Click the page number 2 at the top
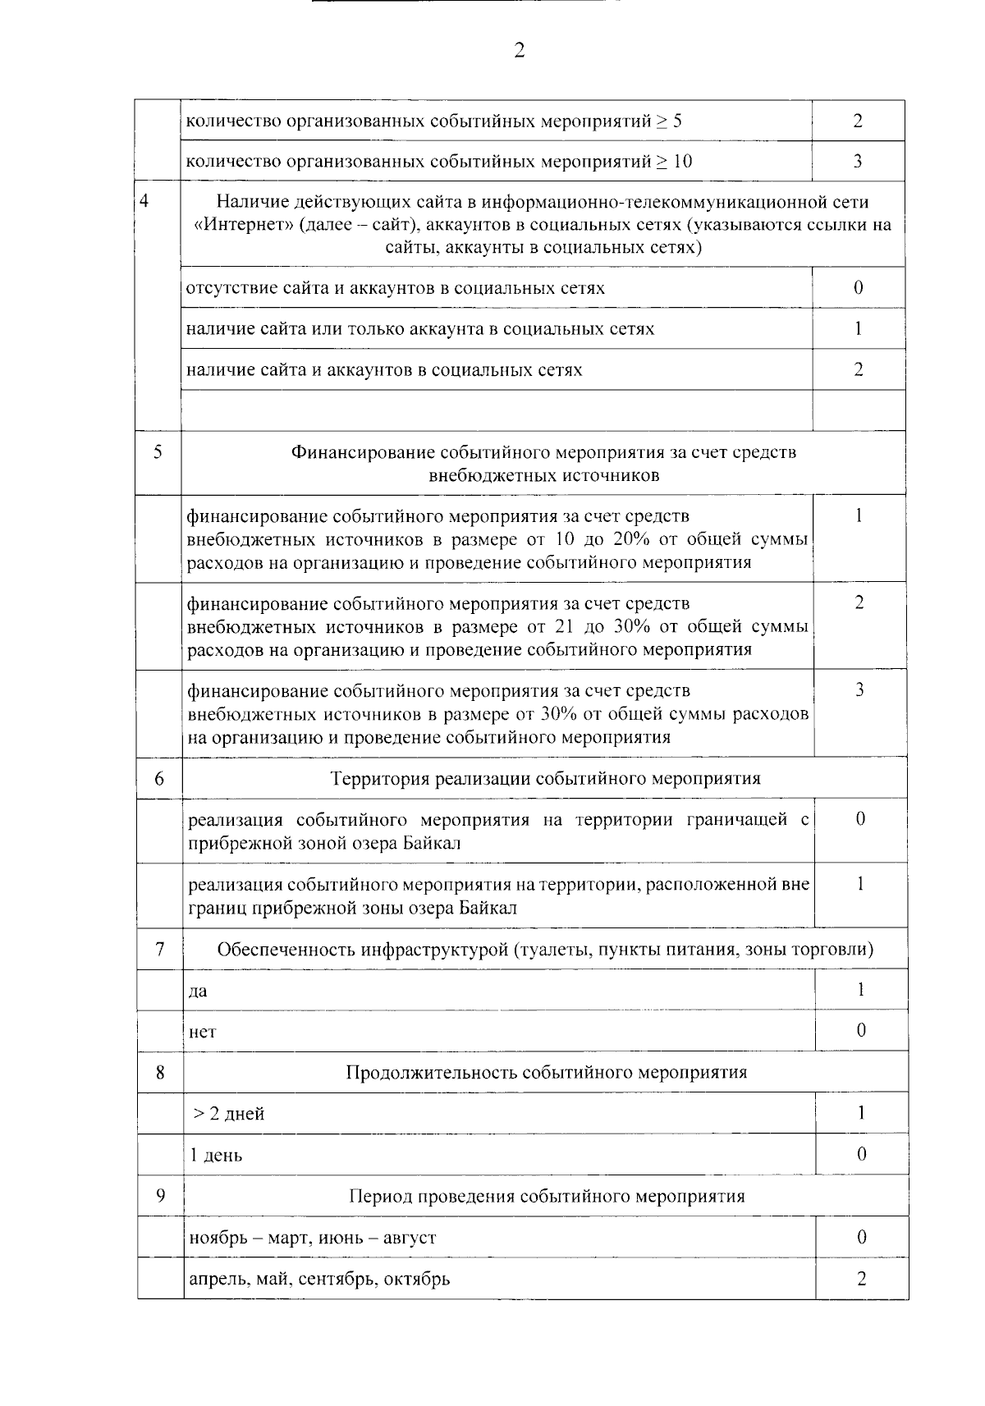[519, 51]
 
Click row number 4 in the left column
[145, 201]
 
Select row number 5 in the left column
[158, 451]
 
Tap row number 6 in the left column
[159, 778]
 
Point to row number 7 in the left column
[159, 950]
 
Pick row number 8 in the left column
[160, 1072]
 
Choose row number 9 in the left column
[160, 1195]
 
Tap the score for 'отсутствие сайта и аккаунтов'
[858, 287]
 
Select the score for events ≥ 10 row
[858, 161]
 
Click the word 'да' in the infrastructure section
[198, 991]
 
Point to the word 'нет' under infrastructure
[202, 1032]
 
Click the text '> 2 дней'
[228, 1114]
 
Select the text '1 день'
[216, 1155]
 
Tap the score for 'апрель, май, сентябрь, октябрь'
[861, 1278]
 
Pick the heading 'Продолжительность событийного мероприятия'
[546, 1072]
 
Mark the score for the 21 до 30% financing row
[859, 603]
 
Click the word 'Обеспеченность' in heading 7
[283, 950]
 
